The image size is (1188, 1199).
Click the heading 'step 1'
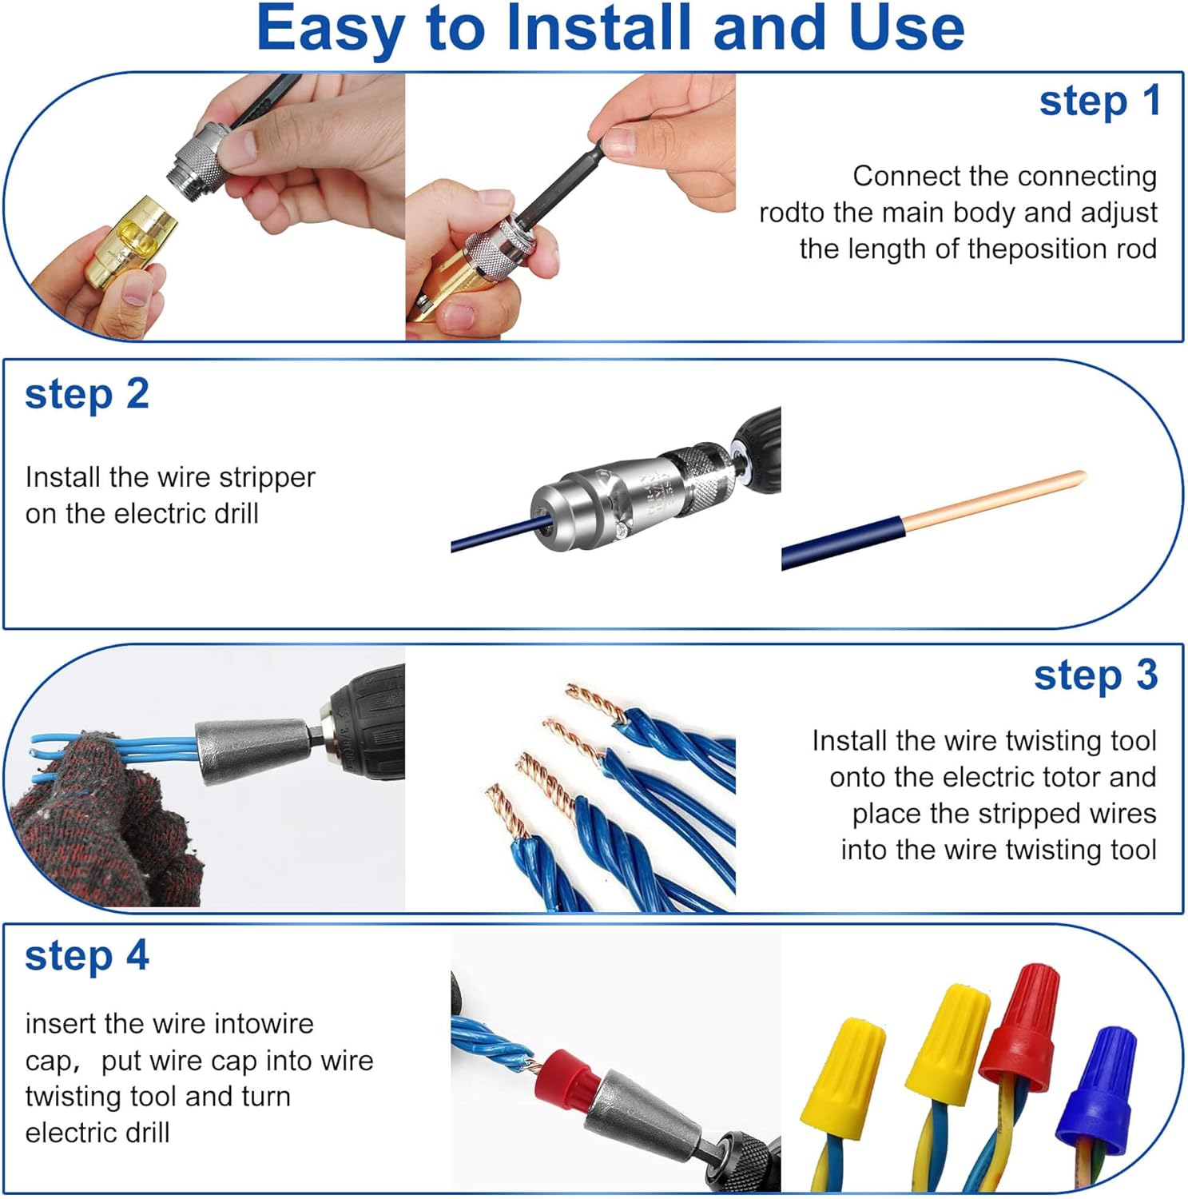click(x=1099, y=102)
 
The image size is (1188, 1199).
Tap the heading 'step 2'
click(x=87, y=395)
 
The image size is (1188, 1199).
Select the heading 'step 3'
click(x=1096, y=675)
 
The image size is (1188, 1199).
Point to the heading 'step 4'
click(x=87, y=956)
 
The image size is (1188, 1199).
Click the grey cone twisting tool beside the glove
click(x=254, y=751)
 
